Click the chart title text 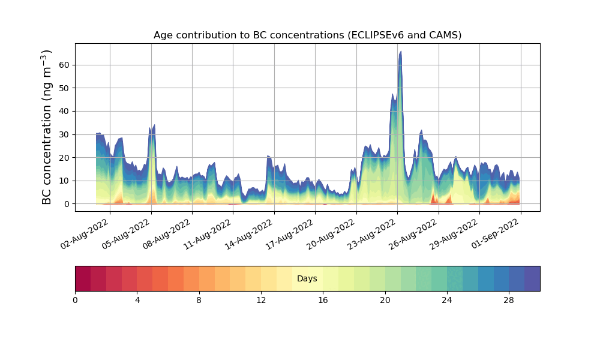[x=307, y=35]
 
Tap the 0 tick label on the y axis [x=66, y=204]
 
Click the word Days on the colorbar [x=307, y=279]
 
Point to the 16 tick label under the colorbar [x=323, y=300]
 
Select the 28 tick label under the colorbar [x=509, y=300]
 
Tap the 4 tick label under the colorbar [x=137, y=300]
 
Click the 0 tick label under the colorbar [x=75, y=300]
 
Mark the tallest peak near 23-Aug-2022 [x=400, y=52]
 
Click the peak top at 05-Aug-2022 [x=154, y=125]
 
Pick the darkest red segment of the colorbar [x=83, y=278]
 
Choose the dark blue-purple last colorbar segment [x=532, y=278]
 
